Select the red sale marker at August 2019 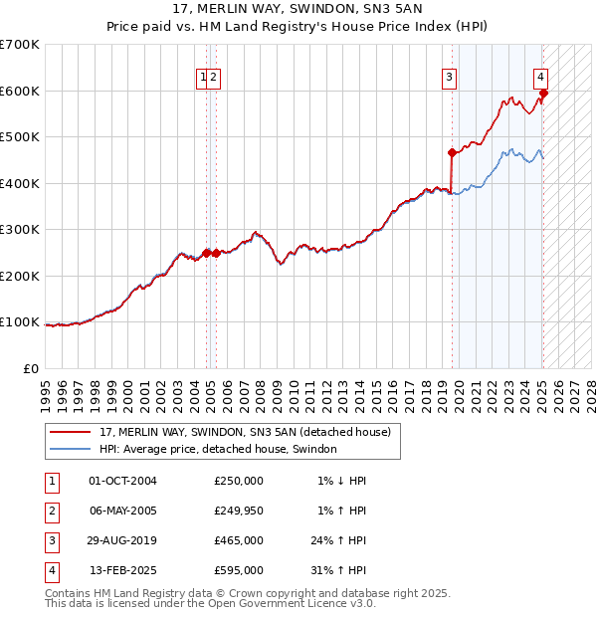(x=452, y=153)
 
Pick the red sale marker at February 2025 (x=543, y=94)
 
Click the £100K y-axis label (x=20, y=322)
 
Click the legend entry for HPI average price (x=218, y=449)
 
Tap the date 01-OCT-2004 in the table (x=123, y=481)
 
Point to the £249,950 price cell (x=238, y=511)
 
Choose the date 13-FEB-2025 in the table (x=123, y=570)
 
